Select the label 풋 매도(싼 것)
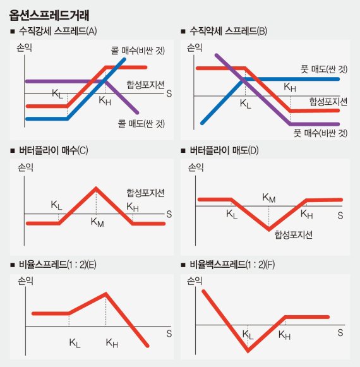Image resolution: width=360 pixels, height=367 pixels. click(320, 68)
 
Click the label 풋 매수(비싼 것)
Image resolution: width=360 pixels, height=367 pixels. click(320, 133)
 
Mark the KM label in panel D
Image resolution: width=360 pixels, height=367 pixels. click(269, 198)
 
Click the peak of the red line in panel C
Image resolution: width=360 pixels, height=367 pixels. click(96, 188)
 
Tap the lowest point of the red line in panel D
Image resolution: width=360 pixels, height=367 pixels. click(269, 228)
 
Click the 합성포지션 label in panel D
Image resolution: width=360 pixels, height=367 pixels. click(294, 234)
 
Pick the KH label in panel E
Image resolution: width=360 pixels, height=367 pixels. click(112, 343)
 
